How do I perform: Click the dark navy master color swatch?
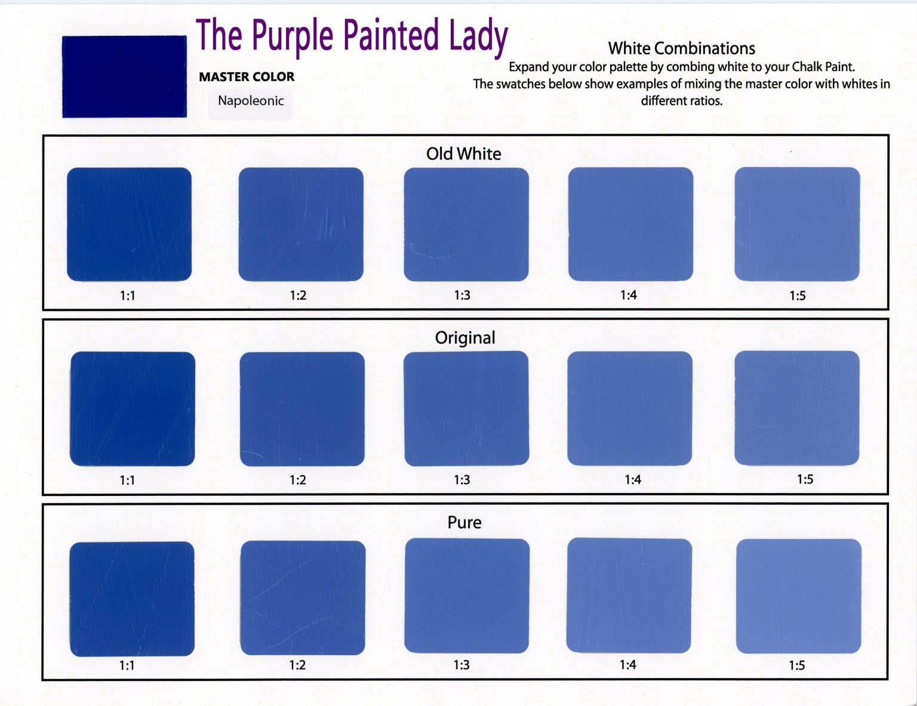click(125, 76)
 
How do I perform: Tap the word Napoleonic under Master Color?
click(251, 101)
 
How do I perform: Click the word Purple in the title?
click(293, 36)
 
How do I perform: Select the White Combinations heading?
click(682, 48)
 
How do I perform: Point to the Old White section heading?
click(464, 154)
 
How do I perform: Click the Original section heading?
click(465, 338)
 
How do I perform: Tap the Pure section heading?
click(464, 523)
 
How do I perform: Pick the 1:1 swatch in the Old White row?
click(129, 224)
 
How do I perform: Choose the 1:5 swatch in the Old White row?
click(797, 224)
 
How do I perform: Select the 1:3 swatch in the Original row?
click(466, 409)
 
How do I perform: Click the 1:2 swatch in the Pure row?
click(303, 598)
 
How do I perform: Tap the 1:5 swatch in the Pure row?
click(798, 596)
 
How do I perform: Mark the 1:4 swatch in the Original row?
click(630, 409)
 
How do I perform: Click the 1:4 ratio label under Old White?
click(629, 295)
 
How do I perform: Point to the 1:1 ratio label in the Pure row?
click(127, 665)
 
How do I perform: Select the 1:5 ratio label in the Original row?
click(805, 480)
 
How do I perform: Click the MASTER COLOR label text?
click(247, 77)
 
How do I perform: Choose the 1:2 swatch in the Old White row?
click(301, 224)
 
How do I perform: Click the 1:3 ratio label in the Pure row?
click(461, 665)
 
